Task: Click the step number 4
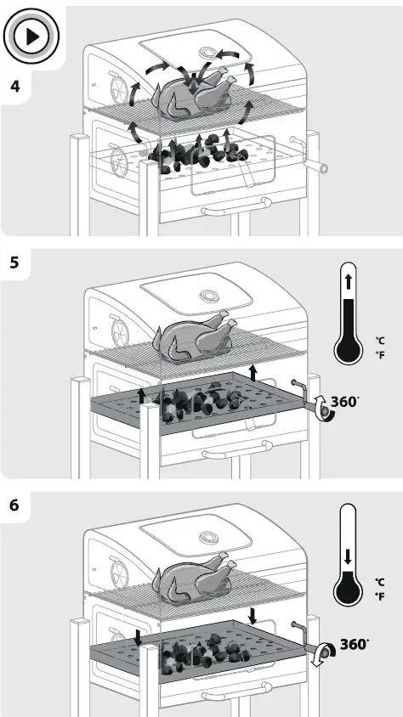click(x=14, y=88)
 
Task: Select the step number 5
click(x=14, y=262)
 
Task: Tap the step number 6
click(x=14, y=505)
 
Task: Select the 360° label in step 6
click(x=355, y=644)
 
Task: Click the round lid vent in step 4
click(x=207, y=55)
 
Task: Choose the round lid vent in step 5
click(x=207, y=297)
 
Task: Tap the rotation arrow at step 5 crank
click(x=321, y=408)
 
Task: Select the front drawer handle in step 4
click(x=234, y=205)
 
